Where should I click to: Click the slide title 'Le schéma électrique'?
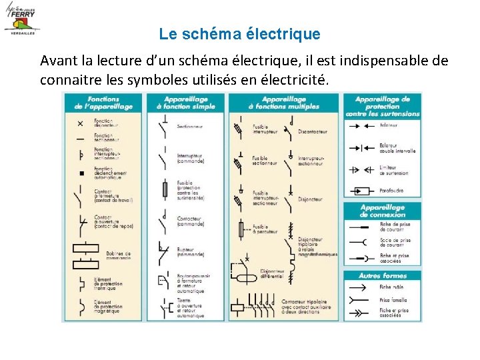239,33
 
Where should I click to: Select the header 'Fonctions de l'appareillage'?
97,103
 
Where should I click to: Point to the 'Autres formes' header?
382,275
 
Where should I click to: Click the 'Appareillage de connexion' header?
382,211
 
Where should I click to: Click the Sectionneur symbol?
164,126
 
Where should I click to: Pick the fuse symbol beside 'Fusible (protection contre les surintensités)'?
165,190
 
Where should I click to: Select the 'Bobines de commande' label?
119,255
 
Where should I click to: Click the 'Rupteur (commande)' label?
189,253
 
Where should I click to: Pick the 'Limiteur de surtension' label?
393,171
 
